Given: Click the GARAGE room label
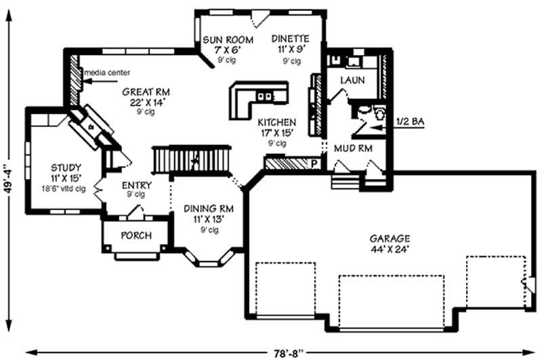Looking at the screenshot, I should pyautogui.click(x=390, y=239).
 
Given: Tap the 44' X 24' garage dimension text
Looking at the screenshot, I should pyautogui.click(x=390, y=249).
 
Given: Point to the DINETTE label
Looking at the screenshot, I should pyautogui.click(x=291, y=39).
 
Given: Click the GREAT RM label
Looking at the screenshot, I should pyautogui.click(x=145, y=92).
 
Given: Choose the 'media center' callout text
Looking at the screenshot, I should pyautogui.click(x=106, y=73).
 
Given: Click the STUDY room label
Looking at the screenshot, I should pyautogui.click(x=66, y=167).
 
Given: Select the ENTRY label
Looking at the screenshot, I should pyautogui.click(x=136, y=185).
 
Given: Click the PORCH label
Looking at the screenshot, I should pyautogui.click(x=136, y=235).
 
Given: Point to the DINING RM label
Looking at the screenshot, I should pyautogui.click(x=209, y=209).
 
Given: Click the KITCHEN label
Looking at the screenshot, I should pyautogui.click(x=276, y=123).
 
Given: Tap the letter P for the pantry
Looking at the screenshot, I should pyautogui.click(x=314, y=164).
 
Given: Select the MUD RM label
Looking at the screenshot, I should pyautogui.click(x=352, y=148).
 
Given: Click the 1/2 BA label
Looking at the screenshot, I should pyautogui.click(x=411, y=121).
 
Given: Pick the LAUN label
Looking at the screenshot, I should pyautogui.click(x=352, y=80).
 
